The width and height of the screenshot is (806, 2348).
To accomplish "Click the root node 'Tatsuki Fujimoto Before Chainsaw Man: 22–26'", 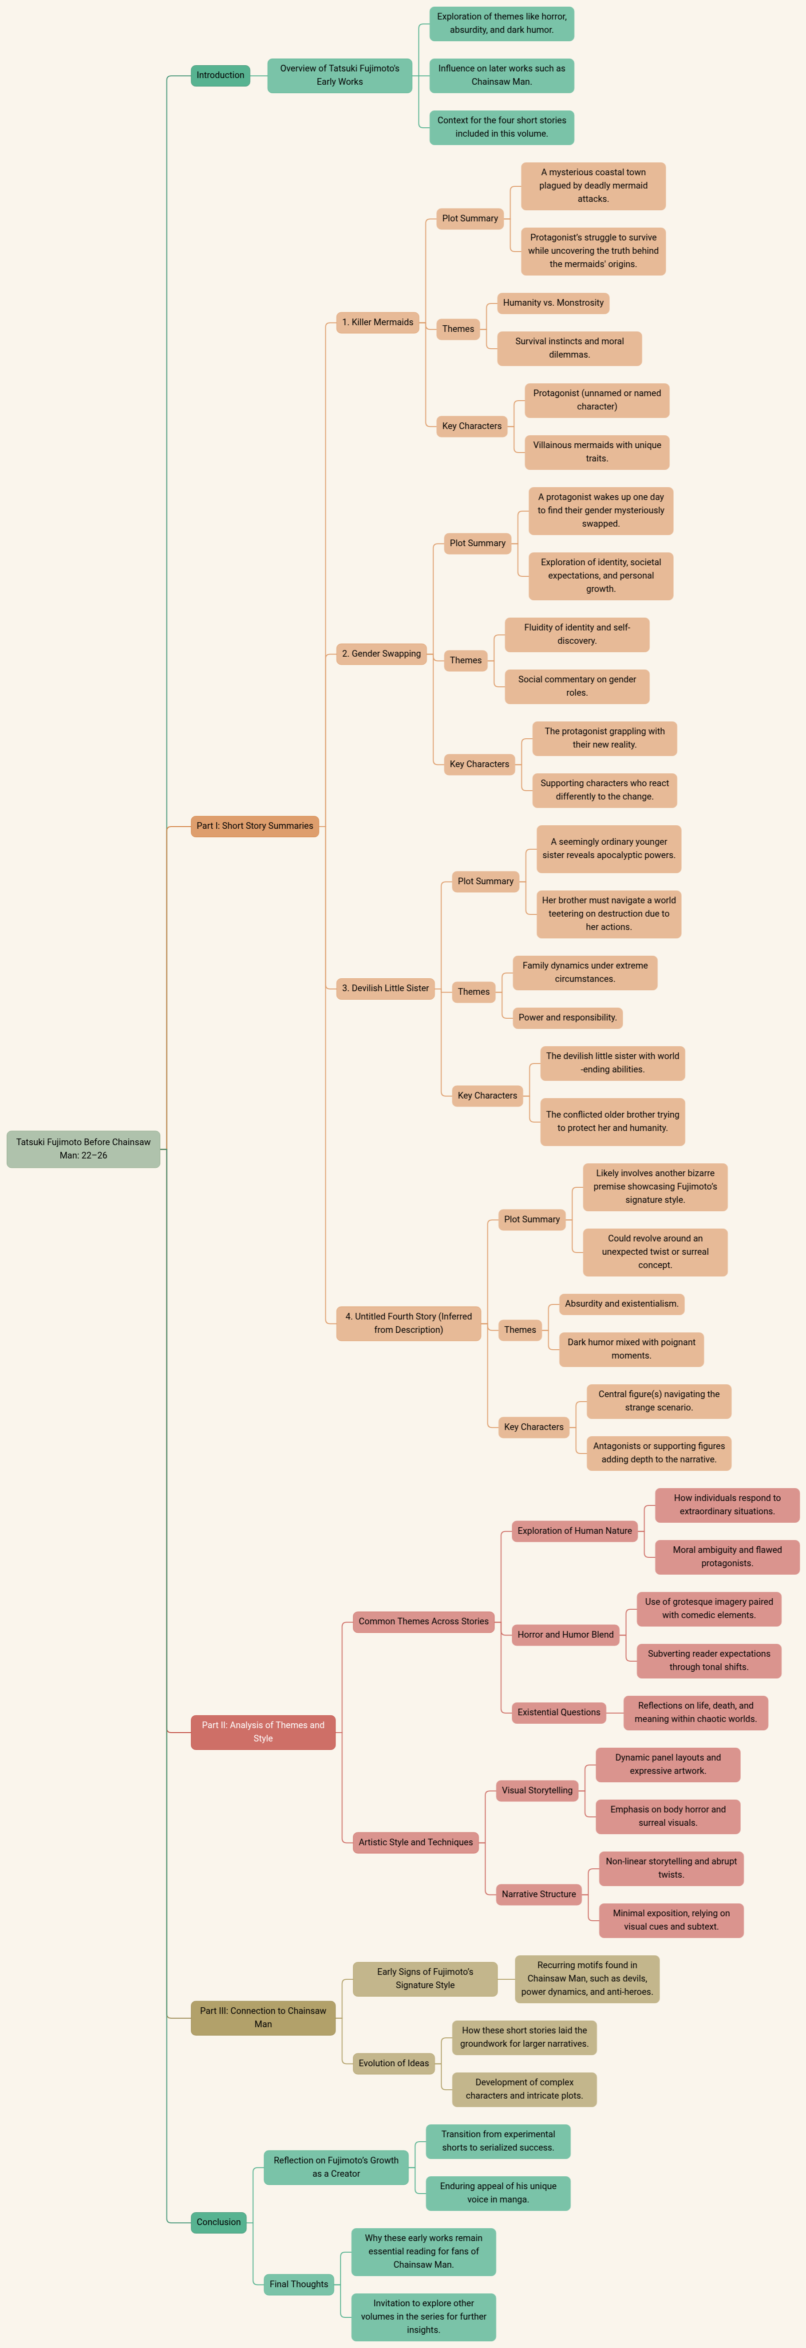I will point(83,1148).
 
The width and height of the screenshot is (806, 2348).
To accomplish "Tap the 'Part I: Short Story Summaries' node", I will point(254,826).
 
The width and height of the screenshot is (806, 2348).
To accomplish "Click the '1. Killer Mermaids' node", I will point(377,322).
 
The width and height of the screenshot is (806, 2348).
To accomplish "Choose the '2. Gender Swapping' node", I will point(381,654).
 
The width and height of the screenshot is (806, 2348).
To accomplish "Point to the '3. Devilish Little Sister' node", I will point(385,988).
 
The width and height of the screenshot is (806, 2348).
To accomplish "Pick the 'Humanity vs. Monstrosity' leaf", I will point(553,303).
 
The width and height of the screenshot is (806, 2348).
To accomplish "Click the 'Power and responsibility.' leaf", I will point(567,1017).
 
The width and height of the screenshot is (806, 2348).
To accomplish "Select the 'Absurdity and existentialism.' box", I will point(621,1304).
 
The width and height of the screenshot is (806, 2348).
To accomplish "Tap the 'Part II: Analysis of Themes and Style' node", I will point(263,1732).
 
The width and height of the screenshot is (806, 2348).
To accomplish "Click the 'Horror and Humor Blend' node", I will point(565,1634).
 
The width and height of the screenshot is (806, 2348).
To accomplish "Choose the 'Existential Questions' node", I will point(559,1712).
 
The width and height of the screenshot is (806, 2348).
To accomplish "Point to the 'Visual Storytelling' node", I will point(537,1790).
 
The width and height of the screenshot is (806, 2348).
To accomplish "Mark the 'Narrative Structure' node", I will point(539,1894).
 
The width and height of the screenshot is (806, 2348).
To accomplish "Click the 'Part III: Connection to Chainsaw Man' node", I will point(263,2017).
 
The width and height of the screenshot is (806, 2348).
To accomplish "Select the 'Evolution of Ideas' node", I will point(393,2063).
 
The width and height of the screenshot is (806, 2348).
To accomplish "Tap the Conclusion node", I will point(219,2222).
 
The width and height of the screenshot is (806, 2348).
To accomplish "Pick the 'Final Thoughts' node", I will point(298,2284).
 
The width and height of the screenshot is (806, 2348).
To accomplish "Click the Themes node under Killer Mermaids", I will point(458,329).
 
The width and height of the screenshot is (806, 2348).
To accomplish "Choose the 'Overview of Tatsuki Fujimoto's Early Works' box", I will point(339,75).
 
